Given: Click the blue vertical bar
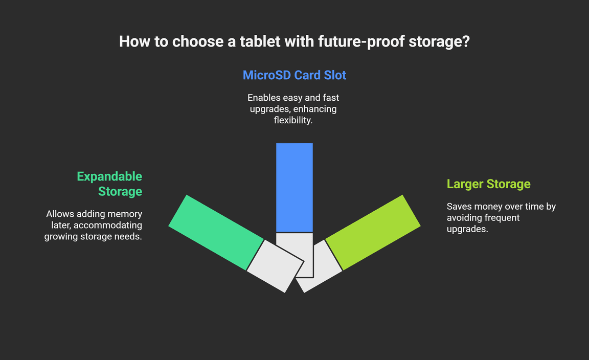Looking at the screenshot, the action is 294,188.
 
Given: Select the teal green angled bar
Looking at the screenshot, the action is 216,232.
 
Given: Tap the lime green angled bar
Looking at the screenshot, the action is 373,232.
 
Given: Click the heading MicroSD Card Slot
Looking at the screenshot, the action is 294,75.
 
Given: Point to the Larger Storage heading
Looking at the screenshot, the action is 489,184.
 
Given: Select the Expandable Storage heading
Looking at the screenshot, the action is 110,184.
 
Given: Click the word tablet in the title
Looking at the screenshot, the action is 260,41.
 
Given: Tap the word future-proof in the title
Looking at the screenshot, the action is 361,42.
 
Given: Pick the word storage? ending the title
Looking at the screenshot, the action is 439,42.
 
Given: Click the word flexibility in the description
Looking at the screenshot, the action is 293,120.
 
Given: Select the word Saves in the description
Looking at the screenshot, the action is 459,206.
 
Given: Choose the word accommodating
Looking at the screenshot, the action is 108,226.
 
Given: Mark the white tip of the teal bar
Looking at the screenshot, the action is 276,266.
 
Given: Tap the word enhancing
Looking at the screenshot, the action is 315,109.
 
